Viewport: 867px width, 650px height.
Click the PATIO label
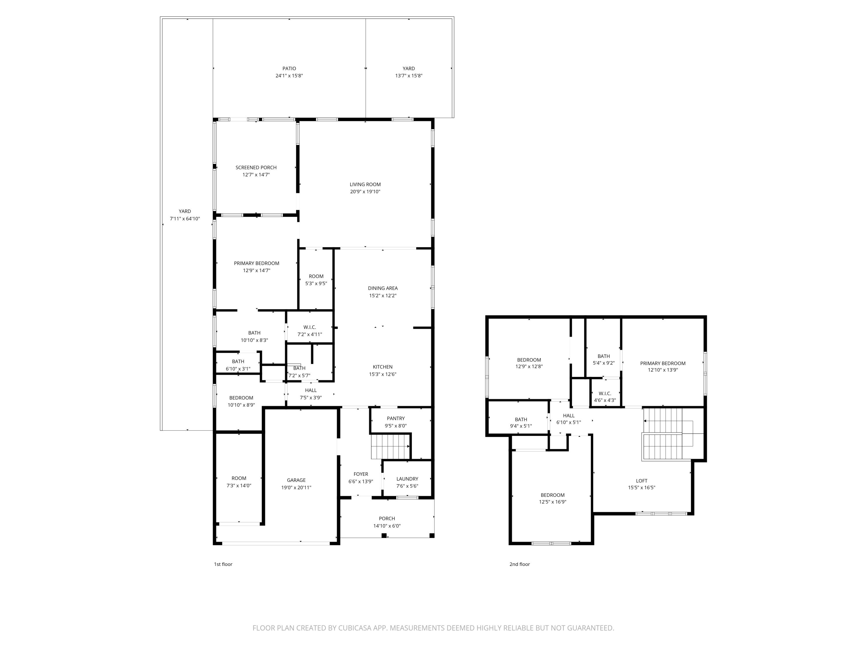289,68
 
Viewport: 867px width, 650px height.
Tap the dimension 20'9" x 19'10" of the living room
365,192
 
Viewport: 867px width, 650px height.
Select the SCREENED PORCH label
256,167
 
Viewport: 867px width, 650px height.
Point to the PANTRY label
395,418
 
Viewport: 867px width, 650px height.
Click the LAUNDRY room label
407,479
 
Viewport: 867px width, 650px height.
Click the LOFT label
641,481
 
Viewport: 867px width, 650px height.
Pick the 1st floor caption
223,564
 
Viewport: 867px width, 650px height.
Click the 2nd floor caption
519,564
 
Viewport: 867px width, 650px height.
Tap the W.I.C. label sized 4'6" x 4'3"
605,393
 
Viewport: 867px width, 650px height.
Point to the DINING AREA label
383,288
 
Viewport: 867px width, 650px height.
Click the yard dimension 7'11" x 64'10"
185,219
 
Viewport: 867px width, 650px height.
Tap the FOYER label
361,474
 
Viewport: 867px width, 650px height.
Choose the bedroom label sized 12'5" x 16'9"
552,495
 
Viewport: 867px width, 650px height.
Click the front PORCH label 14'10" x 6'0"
387,518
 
